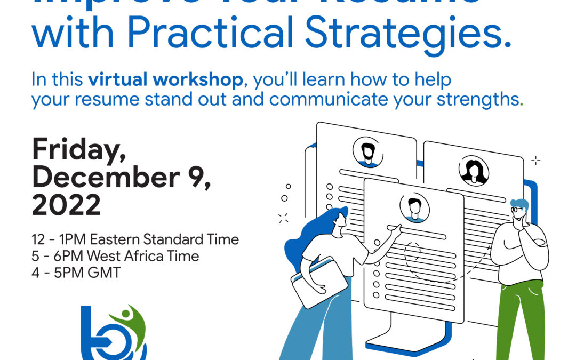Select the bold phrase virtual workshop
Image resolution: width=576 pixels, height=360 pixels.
[166, 80]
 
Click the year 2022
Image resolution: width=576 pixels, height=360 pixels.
[66, 205]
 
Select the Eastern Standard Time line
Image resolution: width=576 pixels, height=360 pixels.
[135, 239]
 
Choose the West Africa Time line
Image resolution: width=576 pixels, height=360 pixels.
[115, 256]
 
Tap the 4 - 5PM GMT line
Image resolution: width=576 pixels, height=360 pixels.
[76, 273]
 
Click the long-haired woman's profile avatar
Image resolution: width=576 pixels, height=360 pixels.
[474, 171]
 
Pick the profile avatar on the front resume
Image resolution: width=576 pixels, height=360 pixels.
[414, 207]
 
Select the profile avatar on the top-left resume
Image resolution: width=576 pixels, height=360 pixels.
[367, 151]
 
